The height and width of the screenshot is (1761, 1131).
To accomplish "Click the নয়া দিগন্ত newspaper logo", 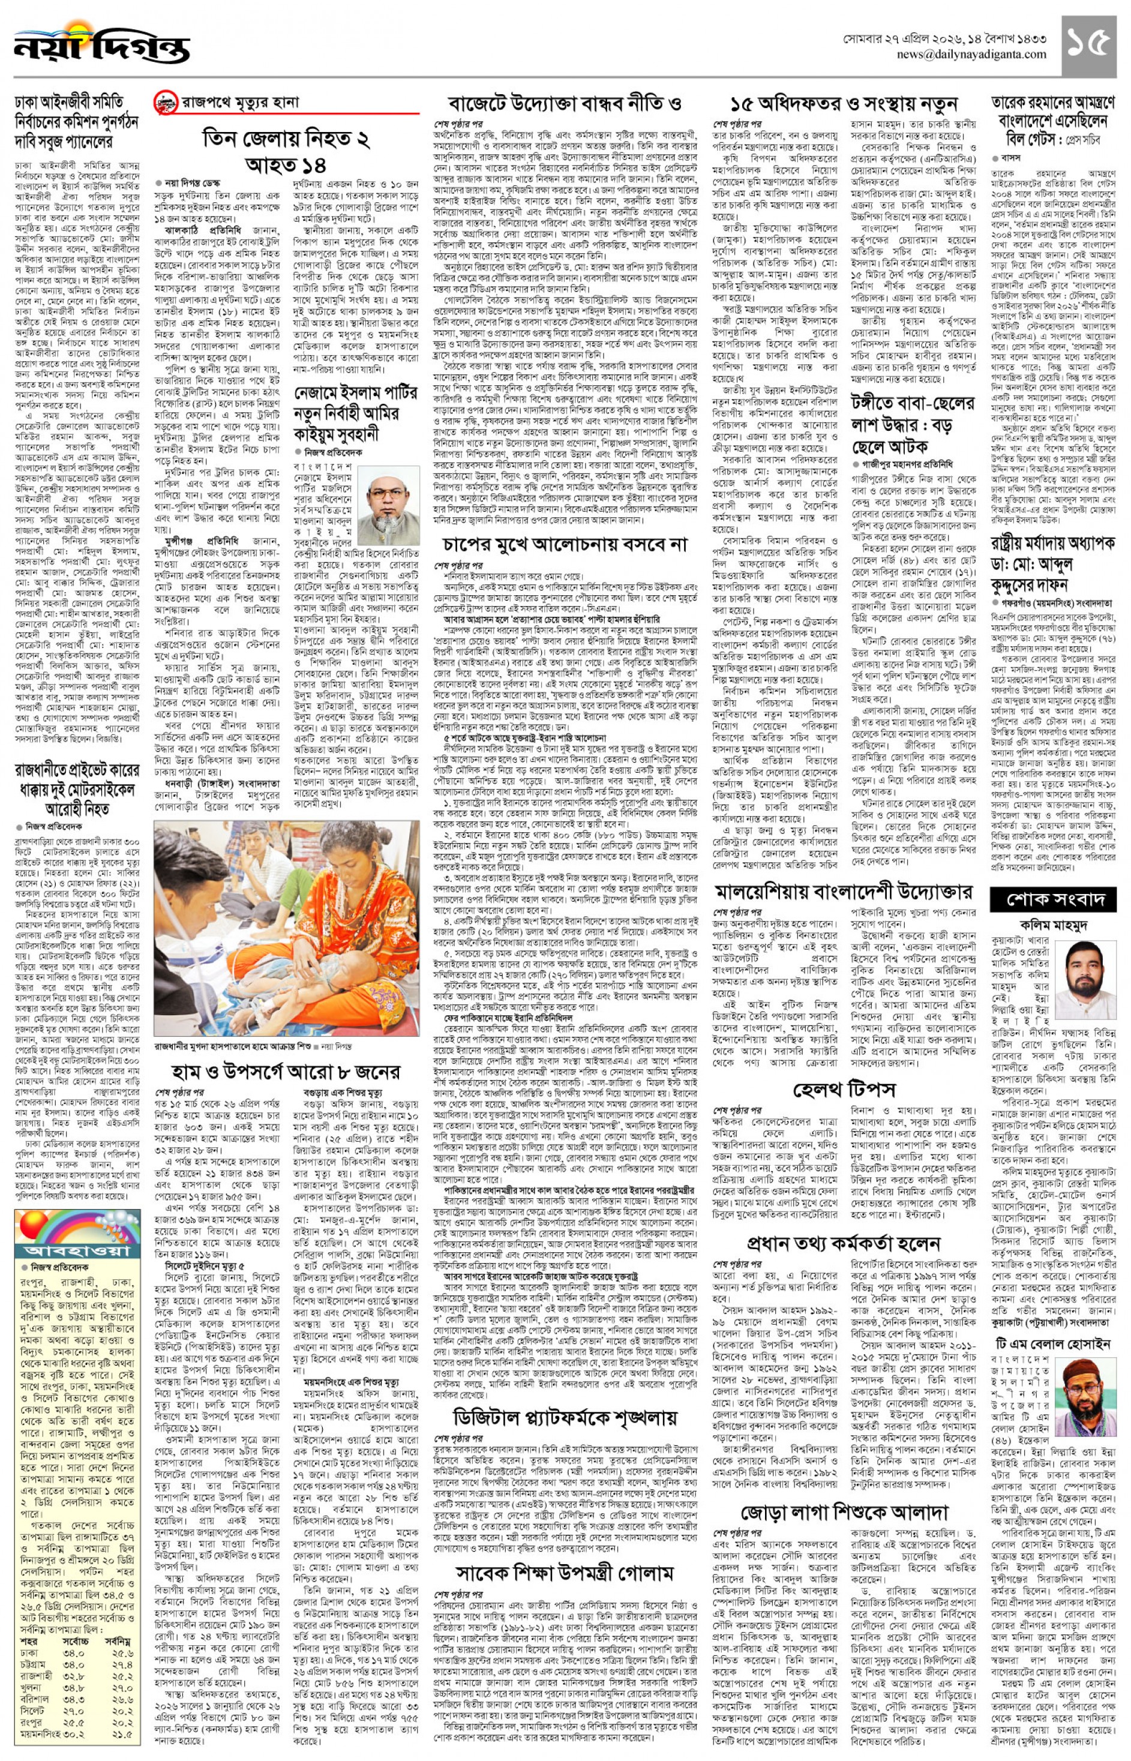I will click(101, 46).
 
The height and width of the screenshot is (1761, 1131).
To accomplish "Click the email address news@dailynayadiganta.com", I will click(971, 55).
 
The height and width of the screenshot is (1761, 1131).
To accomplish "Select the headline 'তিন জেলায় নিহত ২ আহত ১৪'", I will click(286, 149).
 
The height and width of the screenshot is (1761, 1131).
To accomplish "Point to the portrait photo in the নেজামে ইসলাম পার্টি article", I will click(393, 508).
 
